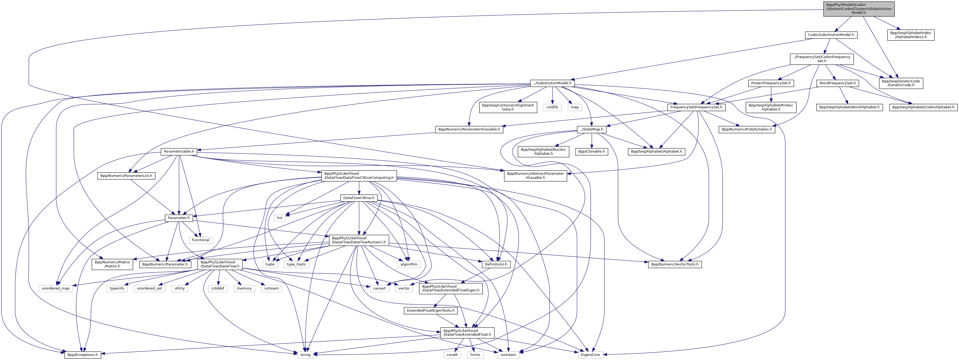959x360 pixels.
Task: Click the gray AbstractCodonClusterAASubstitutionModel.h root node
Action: pyautogui.click(x=859, y=9)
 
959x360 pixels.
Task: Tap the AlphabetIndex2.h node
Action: pyautogui.click(x=911, y=35)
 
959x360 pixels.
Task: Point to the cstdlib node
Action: pyautogui.click(x=552, y=107)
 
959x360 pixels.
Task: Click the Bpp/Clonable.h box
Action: pyautogui.click(x=592, y=152)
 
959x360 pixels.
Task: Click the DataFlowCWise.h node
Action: pyautogui.click(x=358, y=198)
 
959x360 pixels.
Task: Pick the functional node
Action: pyautogui.click(x=201, y=240)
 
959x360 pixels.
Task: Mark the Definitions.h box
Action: pyautogui.click(x=496, y=264)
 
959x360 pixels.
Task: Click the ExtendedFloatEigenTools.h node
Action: pyautogui.click(x=430, y=311)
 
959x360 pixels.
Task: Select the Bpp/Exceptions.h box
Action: pyautogui.click(x=83, y=355)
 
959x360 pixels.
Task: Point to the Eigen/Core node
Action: pyautogui.click(x=591, y=355)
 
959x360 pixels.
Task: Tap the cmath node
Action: pyautogui.click(x=452, y=355)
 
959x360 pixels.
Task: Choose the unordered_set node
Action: pyautogui.click(x=149, y=288)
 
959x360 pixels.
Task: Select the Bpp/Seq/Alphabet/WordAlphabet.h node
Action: pyautogui.click(x=850, y=107)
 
